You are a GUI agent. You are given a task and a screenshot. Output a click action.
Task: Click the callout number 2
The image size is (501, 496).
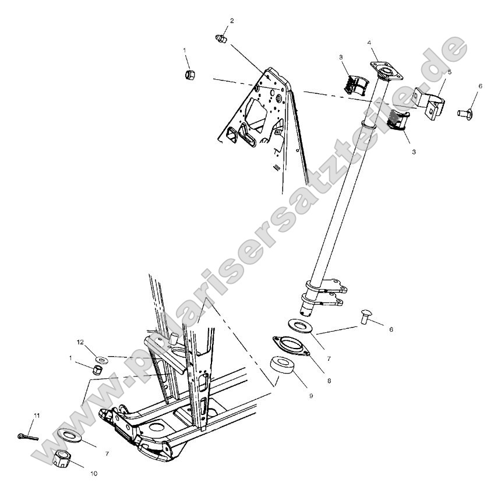pyautogui.click(x=232, y=20)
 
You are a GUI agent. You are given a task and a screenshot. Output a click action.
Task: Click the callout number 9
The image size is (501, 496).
pyautogui.click(x=311, y=396)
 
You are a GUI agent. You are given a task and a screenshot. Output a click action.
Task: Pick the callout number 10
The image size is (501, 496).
pyautogui.click(x=94, y=474)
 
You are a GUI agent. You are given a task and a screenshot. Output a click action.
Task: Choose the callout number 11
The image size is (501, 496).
pyautogui.click(x=36, y=415)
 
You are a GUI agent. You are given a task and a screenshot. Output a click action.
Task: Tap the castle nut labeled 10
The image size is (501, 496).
pyautogui.click(x=62, y=460)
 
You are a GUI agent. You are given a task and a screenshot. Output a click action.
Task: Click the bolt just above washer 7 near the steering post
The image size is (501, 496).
pyautogui.click(x=366, y=317)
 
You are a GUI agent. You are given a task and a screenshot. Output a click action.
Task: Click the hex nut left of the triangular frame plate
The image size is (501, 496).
pyautogui.click(x=189, y=75)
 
